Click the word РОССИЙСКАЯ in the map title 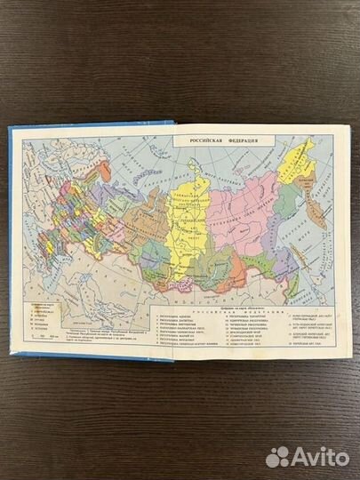point(202,142)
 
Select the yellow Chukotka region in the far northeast point(296,158)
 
